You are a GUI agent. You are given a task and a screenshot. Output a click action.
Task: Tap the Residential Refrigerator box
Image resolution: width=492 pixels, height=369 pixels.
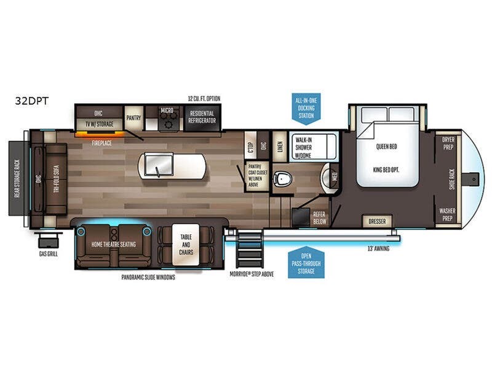202,117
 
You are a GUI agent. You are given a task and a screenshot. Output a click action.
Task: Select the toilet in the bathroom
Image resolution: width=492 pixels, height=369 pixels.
283,179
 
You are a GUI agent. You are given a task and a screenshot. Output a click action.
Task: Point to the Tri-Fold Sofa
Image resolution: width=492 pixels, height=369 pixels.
55,178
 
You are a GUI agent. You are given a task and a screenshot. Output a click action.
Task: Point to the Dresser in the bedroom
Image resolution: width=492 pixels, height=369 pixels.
376,221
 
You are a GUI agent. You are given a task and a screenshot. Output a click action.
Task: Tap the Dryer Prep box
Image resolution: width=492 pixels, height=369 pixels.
448,143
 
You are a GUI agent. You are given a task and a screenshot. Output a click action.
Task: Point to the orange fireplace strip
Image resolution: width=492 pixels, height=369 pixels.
101,133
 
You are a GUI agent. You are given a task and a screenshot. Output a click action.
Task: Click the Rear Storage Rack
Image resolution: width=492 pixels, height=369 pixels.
17,178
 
